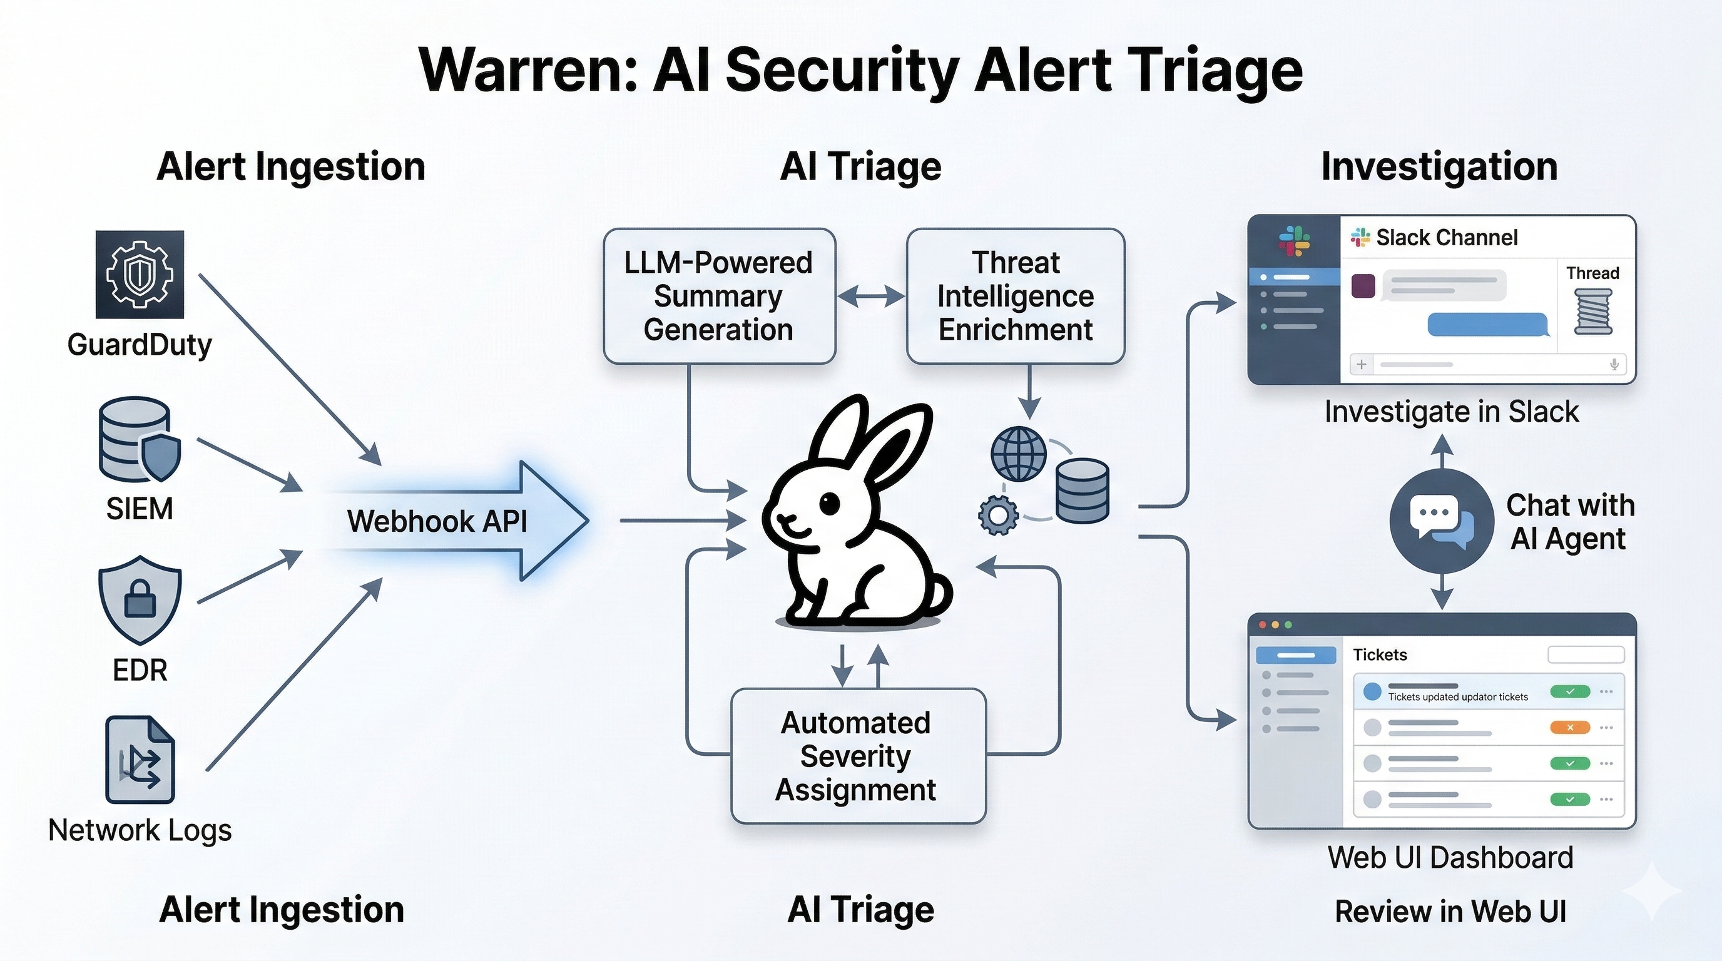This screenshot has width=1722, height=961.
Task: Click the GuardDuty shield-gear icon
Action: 139,274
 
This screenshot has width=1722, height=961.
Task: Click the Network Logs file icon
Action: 140,759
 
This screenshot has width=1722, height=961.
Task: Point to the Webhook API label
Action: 437,521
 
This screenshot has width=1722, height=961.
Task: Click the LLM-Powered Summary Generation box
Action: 718,296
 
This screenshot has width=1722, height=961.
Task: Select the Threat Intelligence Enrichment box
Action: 1015,296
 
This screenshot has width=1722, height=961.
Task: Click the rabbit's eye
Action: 830,503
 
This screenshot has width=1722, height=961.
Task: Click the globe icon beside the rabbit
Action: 1018,454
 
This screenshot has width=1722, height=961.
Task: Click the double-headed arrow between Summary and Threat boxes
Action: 870,295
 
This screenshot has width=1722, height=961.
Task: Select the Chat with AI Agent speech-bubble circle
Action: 1441,521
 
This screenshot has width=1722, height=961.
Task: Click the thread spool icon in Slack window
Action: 1593,312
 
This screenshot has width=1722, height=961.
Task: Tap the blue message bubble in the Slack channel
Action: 1487,325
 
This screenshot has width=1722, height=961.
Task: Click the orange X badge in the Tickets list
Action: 1569,727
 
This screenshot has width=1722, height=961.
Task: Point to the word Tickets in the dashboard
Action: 1380,655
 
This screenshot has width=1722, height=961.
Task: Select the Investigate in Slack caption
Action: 1451,412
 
